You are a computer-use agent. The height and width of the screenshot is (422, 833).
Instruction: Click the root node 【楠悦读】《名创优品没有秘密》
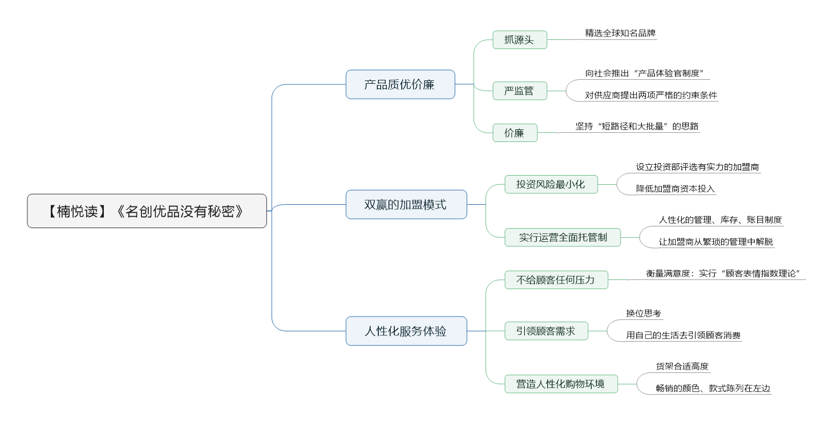tap(147, 211)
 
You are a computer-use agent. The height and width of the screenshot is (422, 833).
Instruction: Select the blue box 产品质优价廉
tap(400, 84)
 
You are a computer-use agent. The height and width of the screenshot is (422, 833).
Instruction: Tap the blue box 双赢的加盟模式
tap(406, 205)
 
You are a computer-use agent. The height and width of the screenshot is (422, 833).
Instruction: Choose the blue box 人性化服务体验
tap(406, 331)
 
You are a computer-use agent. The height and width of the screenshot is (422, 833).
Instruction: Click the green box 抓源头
tap(520, 40)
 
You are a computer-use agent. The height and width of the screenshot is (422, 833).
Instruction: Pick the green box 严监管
tap(520, 91)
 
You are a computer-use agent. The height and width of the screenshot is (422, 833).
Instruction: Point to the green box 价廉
tap(515, 133)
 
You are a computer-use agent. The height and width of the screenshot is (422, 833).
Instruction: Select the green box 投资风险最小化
tap(551, 184)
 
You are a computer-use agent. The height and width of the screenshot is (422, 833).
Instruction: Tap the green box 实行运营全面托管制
tap(563, 237)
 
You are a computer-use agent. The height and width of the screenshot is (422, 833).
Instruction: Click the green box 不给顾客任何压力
tap(556, 279)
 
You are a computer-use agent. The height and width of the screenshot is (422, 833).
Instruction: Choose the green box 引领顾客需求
tap(546, 331)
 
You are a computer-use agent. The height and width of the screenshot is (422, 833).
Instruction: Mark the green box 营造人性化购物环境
tap(561, 384)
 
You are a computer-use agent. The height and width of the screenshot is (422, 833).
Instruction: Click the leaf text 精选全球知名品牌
tap(620, 33)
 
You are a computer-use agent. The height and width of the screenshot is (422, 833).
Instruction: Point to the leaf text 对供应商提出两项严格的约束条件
tap(651, 95)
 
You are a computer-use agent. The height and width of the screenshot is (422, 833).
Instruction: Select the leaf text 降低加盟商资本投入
tap(675, 189)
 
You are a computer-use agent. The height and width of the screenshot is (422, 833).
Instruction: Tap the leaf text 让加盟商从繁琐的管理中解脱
tap(716, 242)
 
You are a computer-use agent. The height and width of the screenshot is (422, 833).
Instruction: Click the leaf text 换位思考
tap(644, 314)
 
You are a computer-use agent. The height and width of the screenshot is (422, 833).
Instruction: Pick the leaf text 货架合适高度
tap(682, 366)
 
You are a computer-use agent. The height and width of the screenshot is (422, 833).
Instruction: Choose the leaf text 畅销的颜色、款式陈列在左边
tap(713, 388)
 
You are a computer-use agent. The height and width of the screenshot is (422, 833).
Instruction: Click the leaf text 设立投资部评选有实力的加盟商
tap(697, 167)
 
